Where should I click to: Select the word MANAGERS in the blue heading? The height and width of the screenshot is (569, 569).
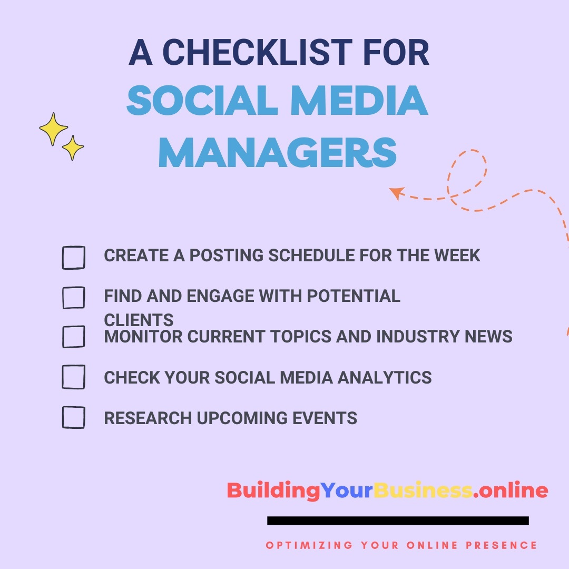click(x=278, y=152)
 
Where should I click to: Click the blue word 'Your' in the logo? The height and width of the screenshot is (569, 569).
click(x=347, y=490)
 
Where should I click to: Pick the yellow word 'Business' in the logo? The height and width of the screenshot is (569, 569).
click(x=423, y=490)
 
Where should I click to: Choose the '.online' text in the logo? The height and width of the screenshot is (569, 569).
click(x=511, y=490)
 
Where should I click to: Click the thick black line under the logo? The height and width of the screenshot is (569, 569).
click(x=398, y=521)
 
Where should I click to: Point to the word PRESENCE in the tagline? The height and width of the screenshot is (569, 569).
click(x=501, y=545)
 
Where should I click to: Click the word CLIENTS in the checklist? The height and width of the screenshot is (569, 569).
click(x=139, y=320)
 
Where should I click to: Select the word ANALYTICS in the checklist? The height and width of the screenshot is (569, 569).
click(x=385, y=377)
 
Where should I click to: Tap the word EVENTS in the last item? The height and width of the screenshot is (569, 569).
click(x=325, y=418)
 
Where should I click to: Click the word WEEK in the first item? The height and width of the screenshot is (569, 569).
click(x=457, y=256)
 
